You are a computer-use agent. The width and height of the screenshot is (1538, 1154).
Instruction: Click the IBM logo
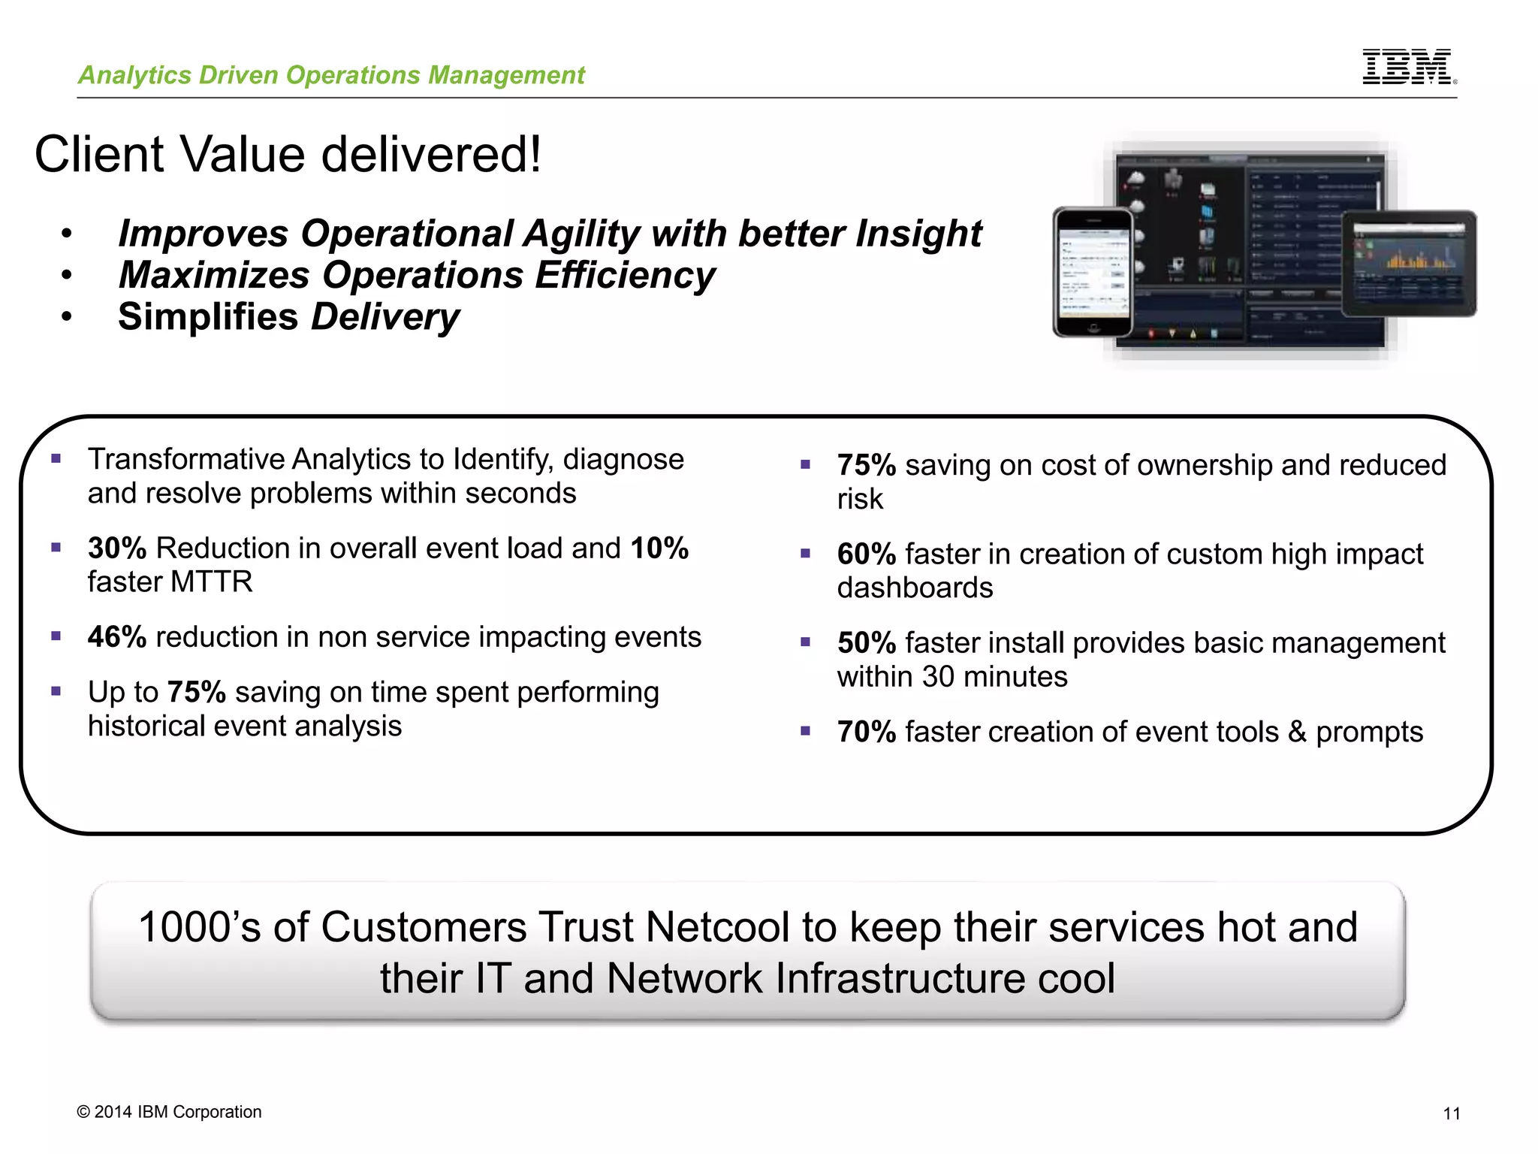pos(1408,67)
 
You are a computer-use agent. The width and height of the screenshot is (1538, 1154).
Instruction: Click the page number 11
pos(1451,1113)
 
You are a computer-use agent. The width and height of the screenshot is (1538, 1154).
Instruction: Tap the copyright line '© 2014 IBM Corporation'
pos(169,1112)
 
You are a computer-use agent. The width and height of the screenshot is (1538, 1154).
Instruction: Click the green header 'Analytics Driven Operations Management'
pos(331,75)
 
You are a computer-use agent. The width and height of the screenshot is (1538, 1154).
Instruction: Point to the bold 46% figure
pos(116,637)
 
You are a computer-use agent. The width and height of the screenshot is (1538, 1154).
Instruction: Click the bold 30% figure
pos(116,548)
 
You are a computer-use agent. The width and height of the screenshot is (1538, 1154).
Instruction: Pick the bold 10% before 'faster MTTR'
pos(659,548)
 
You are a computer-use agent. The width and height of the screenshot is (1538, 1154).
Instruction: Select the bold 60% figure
pos(866,554)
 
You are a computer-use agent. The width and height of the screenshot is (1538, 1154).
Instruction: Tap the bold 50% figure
pos(866,643)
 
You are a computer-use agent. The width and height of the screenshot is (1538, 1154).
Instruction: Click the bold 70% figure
pos(866,732)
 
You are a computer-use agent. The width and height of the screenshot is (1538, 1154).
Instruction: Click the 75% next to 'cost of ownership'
pos(866,466)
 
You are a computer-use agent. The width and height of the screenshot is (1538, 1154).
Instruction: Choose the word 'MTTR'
pos(212,582)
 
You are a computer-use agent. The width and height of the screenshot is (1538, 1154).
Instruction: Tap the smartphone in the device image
pos(1093,272)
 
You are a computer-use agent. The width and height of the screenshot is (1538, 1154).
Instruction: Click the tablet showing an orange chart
pos(1409,263)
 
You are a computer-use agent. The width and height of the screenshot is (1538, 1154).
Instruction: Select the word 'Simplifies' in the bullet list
pos(208,316)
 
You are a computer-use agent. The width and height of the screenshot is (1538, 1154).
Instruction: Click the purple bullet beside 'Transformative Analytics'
pos(56,458)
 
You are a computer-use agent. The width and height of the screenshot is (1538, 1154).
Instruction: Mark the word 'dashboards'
pos(915,588)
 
